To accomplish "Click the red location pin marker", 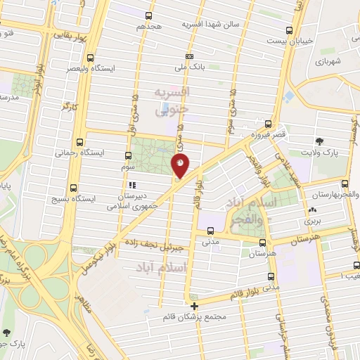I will [x=181, y=165].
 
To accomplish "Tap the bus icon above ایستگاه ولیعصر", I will [x=89, y=58].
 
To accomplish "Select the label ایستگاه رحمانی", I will [x=79, y=152].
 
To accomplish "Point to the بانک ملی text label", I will [x=188, y=67].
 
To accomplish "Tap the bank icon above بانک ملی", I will [x=188, y=56].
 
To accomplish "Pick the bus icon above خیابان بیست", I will [x=289, y=30].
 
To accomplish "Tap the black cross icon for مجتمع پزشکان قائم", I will [x=195, y=306].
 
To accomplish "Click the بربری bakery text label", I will [x=312, y=221].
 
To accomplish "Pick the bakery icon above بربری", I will [x=312, y=210].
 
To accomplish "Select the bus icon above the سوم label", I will [x=127, y=156].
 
